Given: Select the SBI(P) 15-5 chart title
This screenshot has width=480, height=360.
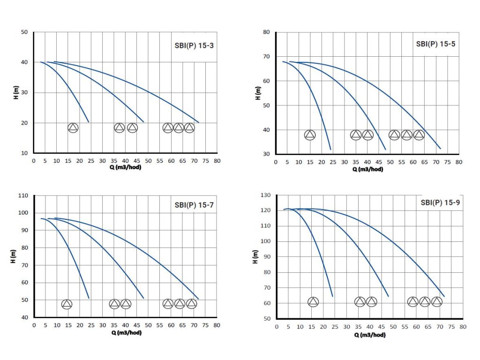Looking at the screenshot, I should [x=436, y=45].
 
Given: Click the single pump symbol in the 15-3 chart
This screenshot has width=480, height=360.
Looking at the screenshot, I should [x=73, y=127].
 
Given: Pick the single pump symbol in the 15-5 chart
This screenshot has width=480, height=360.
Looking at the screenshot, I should [x=310, y=135].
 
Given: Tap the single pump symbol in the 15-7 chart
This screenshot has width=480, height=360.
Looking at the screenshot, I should [x=67, y=304].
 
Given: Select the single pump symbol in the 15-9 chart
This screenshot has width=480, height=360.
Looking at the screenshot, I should [x=313, y=302].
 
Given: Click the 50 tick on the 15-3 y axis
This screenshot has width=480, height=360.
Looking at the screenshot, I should [x=24, y=32].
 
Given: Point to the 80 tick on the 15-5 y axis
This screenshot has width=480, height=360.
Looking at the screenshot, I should [x=266, y=32].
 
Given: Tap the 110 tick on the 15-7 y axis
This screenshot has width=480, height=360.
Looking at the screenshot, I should [x=23, y=195].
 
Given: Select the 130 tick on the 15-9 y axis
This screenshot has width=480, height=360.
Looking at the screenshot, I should [x=265, y=195].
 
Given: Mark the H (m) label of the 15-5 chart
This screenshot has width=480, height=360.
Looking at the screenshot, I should [x=257, y=93].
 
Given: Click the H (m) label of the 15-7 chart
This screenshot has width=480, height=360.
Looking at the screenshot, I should [x=14, y=255].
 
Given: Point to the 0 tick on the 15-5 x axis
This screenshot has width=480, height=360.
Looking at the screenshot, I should [x=276, y=162].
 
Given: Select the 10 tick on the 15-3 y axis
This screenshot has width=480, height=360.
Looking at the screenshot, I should [x=24, y=153].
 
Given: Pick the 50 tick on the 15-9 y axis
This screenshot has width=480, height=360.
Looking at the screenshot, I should [x=266, y=319].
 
